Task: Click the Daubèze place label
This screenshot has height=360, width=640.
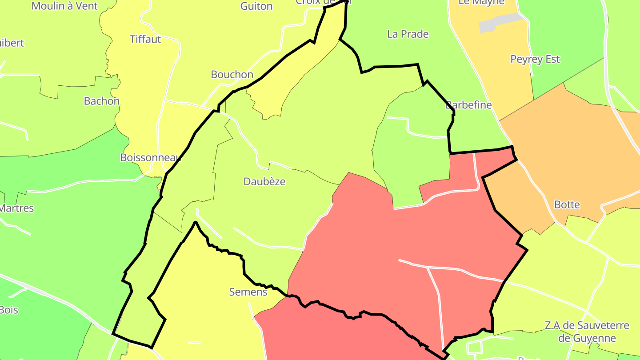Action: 264,182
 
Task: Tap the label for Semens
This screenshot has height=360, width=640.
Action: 248,292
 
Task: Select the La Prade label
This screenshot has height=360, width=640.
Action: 408,34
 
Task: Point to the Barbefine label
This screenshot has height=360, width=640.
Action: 469,105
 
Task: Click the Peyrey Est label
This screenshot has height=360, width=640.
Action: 535,60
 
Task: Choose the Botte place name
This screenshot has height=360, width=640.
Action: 567,205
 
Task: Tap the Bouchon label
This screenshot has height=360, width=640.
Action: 232,75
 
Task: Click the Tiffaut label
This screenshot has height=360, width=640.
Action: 145,40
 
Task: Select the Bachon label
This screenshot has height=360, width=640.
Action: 102,101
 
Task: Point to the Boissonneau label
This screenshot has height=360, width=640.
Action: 151,158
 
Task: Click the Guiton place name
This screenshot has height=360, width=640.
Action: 256,6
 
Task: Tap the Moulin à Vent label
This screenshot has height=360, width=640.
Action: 65,6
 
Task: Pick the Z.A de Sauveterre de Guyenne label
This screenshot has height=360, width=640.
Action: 587,332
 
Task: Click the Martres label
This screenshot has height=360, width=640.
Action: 16,208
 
